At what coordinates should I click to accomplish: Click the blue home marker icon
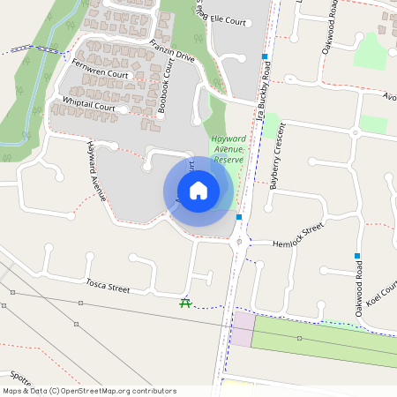click(x=198, y=191)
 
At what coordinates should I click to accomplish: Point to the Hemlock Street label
click(x=299, y=237)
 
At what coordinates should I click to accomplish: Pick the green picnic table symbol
click(x=185, y=303)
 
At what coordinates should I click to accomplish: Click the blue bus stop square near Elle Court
click(x=265, y=56)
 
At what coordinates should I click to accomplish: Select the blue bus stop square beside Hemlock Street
click(x=239, y=215)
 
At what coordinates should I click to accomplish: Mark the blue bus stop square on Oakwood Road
click(x=357, y=256)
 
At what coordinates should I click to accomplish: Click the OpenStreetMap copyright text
click(x=89, y=391)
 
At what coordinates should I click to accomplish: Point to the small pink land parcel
click(x=242, y=329)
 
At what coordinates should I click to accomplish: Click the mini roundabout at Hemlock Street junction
click(x=238, y=241)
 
